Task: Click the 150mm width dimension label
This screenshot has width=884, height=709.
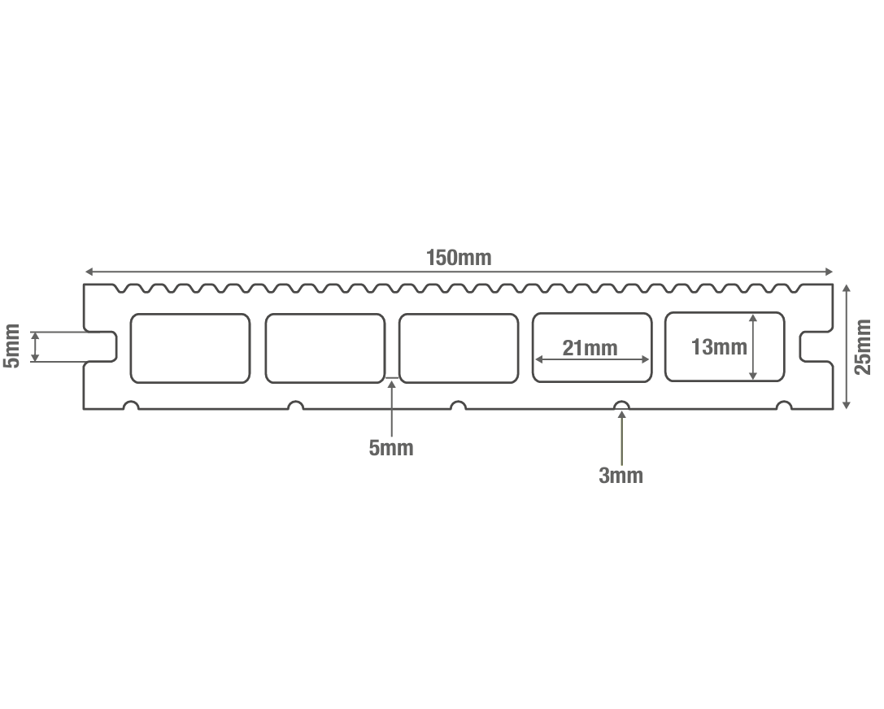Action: click(x=459, y=258)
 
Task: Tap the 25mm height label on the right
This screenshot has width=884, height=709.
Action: click(x=863, y=346)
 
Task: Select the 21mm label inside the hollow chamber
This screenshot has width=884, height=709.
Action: click(x=590, y=348)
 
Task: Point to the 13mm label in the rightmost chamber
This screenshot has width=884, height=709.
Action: click(x=718, y=347)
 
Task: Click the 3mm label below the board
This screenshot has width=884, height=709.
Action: click(x=621, y=476)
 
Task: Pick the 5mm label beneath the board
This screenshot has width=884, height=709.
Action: click(x=391, y=447)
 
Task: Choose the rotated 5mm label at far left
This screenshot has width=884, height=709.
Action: click(x=11, y=346)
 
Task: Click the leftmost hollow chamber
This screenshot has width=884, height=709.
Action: click(x=189, y=348)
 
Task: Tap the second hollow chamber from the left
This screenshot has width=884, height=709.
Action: click(x=324, y=348)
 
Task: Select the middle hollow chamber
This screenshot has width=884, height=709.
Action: click(x=459, y=348)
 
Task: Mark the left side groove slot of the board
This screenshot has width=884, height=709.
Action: click(x=102, y=346)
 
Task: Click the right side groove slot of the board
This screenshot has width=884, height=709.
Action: click(x=816, y=346)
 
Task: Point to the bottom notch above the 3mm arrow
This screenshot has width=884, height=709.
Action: click(x=622, y=405)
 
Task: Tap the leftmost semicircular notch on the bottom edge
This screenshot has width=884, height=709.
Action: click(x=130, y=405)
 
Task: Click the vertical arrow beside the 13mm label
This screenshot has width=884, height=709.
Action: click(x=753, y=347)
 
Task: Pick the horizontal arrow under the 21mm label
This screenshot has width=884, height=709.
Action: click(x=591, y=359)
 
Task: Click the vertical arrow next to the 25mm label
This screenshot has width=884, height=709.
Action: click(x=847, y=346)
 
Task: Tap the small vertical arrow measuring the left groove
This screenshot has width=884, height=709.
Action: click(x=35, y=346)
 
